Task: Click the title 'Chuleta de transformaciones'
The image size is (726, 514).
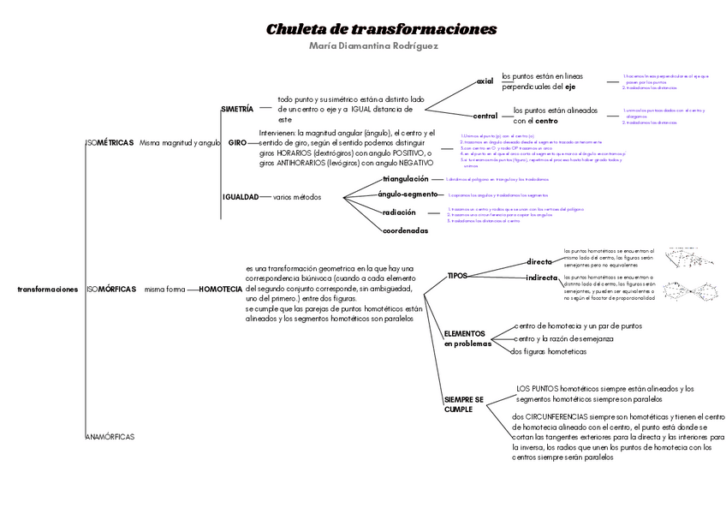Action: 381,29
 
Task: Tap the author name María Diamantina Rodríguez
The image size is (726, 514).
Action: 373,46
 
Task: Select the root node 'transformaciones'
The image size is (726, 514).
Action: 47,290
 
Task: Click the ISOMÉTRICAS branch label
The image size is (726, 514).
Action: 110,142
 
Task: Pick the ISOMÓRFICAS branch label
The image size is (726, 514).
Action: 111,290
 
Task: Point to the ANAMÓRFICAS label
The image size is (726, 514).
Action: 110,437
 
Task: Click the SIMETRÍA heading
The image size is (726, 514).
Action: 237,110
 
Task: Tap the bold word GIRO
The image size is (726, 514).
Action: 237,142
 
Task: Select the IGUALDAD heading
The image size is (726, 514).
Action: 241,197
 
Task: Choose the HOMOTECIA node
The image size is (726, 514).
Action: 220,290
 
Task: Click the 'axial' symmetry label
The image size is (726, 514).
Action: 485,81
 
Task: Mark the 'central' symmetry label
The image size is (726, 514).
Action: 485,116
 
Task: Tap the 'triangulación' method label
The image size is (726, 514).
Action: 406,179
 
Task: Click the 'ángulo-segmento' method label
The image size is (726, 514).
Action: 408,195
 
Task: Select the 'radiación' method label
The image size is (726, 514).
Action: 399,212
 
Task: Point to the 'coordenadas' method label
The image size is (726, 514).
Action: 405,230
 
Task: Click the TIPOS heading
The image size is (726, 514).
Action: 457,276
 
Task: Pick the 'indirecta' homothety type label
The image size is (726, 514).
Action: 542,278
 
